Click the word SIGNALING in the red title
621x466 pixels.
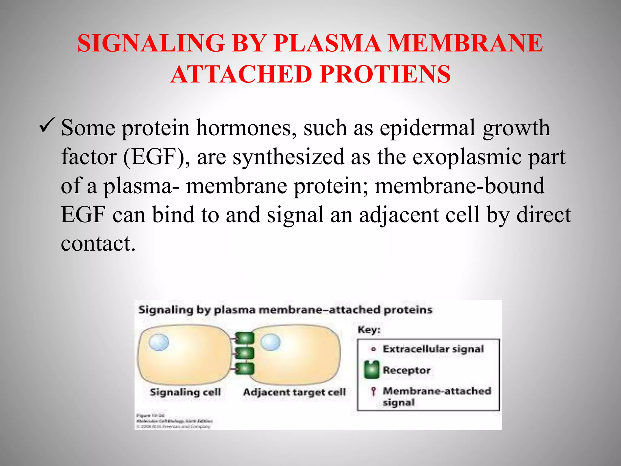[151, 43]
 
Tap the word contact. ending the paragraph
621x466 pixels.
[98, 244]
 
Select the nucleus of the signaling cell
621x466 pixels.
[159, 342]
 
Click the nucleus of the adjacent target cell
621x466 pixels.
[270, 342]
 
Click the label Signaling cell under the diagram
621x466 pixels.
[185, 392]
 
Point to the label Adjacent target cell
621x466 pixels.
[294, 392]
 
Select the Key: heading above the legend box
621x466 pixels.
[369, 330]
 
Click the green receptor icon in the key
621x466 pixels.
[372, 370]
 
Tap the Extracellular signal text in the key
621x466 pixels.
[433, 349]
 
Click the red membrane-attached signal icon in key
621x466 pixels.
[374, 391]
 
